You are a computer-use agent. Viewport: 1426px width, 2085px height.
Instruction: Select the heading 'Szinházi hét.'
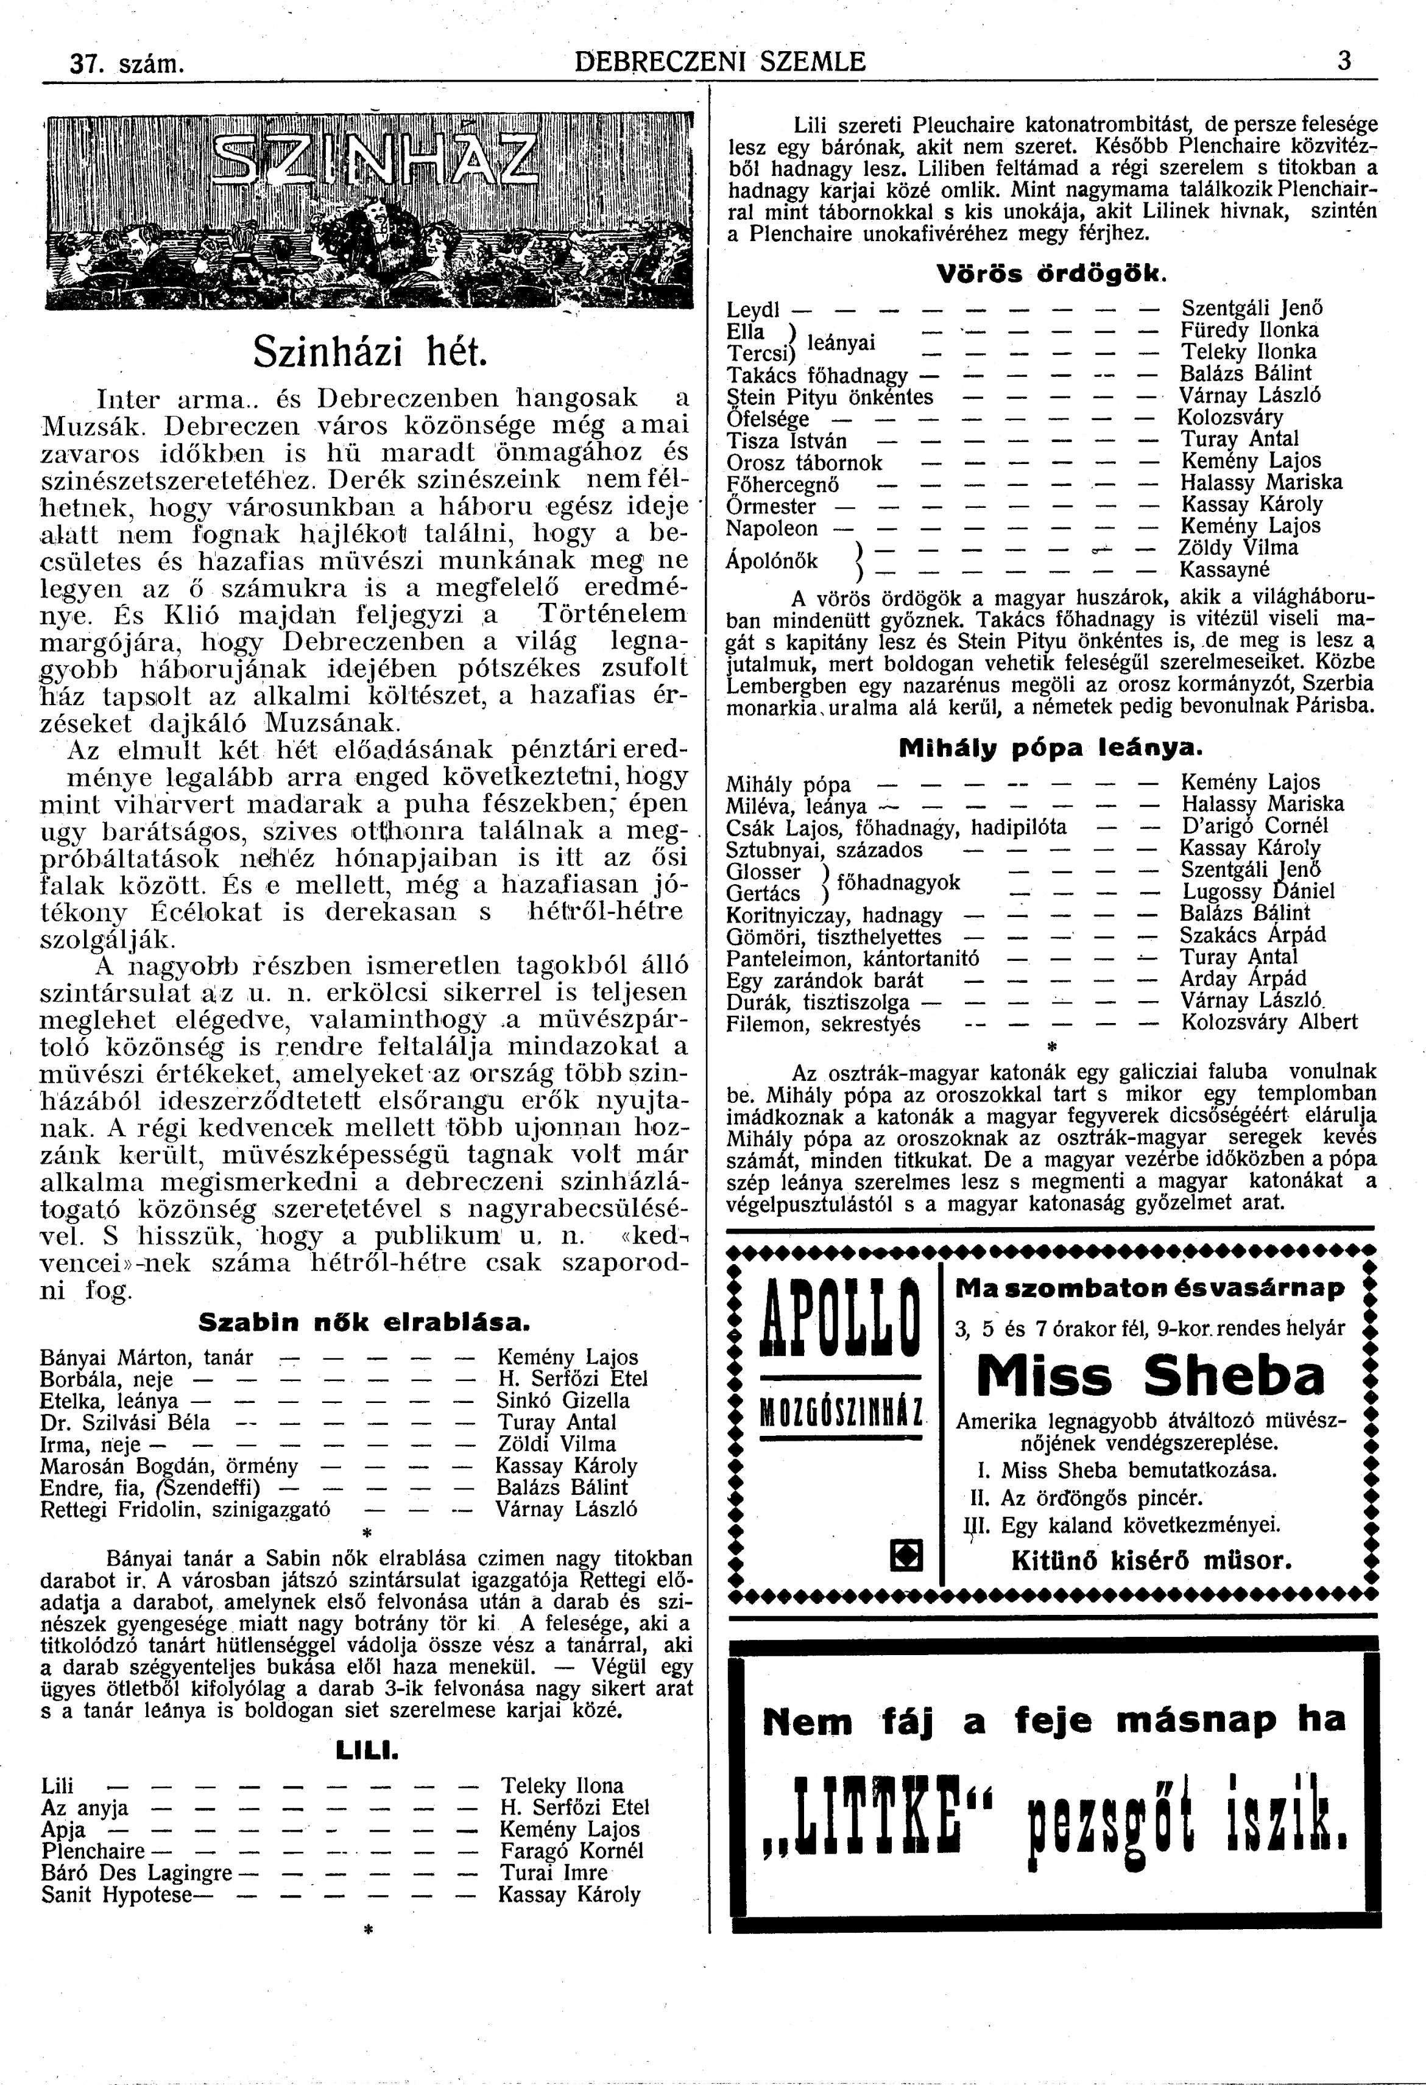[x=369, y=351]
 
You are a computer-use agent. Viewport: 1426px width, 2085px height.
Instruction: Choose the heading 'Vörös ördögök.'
[x=1051, y=273]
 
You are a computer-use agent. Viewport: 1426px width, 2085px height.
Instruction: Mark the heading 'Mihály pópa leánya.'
[x=1050, y=747]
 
